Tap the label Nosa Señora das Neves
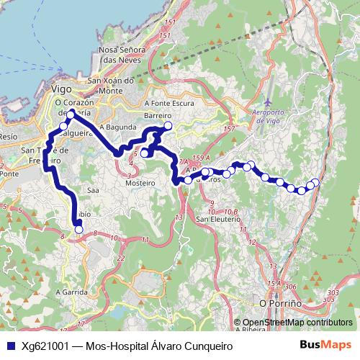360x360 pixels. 119,57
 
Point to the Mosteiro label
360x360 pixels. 141,184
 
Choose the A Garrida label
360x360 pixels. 73,293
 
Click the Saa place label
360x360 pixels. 92,191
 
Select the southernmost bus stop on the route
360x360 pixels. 78,230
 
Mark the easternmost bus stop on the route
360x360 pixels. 315,182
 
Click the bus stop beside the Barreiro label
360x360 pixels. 168,126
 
